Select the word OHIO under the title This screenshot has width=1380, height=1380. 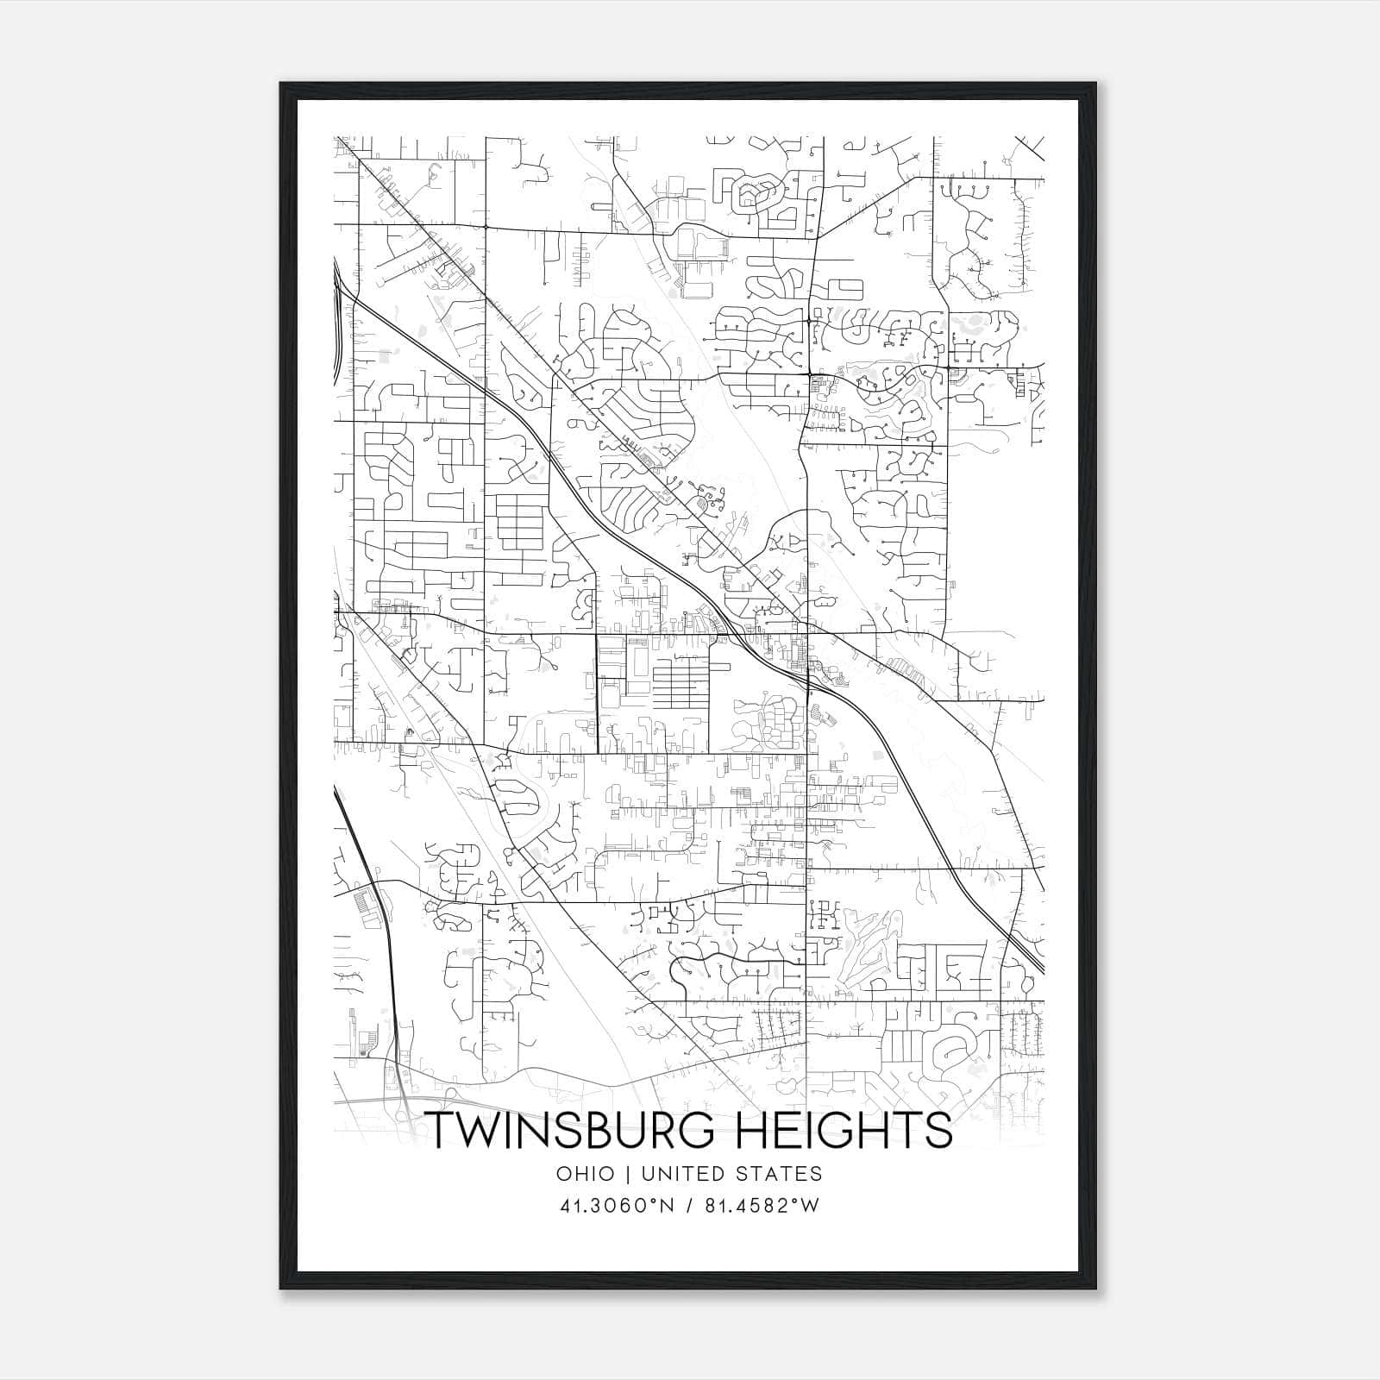(586, 1174)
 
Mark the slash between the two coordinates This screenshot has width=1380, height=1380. (687, 1206)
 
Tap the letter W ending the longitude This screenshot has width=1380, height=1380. (809, 1206)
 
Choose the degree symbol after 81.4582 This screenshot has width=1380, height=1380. (795, 1200)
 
